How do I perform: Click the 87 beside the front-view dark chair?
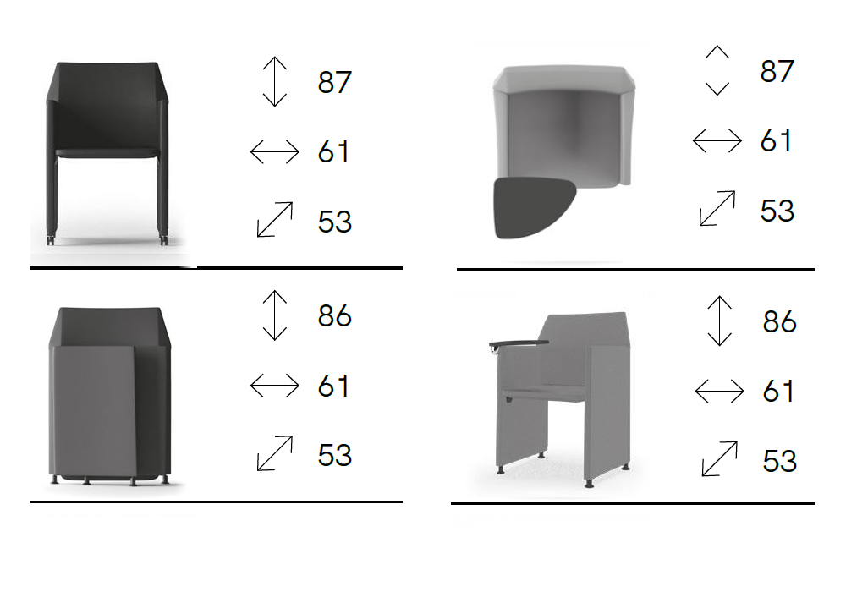[334, 82]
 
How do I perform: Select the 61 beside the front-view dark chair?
[333, 151]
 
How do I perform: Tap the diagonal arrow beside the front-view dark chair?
[275, 219]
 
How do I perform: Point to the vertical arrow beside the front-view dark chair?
[275, 81]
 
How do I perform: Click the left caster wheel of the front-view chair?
[51, 240]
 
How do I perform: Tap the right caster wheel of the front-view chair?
[164, 240]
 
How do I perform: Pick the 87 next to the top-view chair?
[777, 71]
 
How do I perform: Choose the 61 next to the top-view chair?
[776, 140]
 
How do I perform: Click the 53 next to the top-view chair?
[777, 211]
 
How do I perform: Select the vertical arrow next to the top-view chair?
[717, 71]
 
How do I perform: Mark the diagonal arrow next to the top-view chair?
[717, 208]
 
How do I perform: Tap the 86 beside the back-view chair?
[334, 316]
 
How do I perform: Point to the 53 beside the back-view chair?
[334, 455]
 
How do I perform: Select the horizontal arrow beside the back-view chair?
[275, 386]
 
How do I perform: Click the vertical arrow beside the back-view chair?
[275, 315]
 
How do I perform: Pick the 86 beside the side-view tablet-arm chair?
[780, 322]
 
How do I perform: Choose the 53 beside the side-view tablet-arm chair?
[780, 462]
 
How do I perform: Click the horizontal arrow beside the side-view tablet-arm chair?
[720, 391]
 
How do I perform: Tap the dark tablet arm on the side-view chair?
[519, 343]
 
